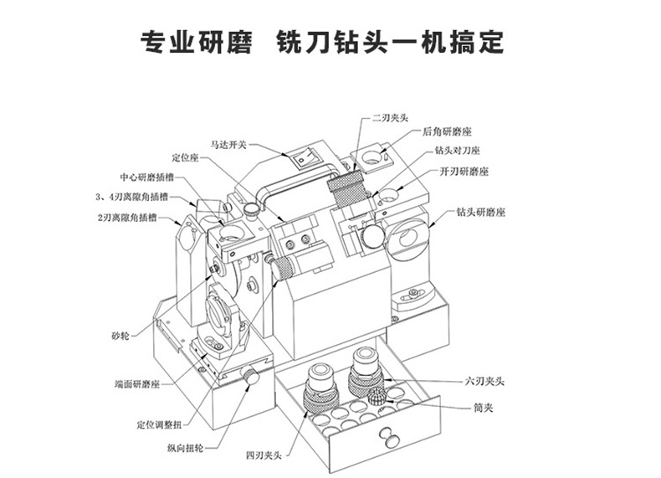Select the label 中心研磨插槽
146,177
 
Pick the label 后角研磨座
449,131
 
